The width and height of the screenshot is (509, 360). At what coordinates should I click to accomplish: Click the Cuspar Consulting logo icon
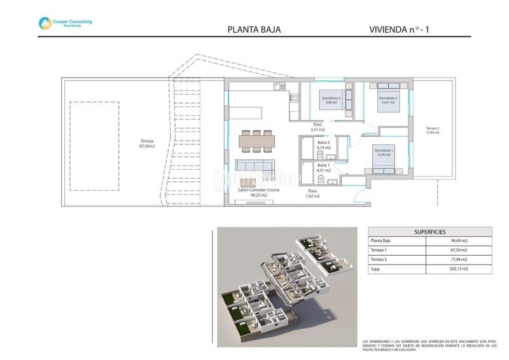[45, 24]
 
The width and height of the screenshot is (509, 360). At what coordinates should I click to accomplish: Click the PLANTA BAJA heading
[254, 29]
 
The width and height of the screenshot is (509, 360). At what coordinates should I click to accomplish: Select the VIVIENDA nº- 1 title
[403, 29]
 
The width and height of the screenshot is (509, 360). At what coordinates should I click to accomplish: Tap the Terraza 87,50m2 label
[147, 143]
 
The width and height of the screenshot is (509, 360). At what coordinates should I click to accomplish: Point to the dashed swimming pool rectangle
[92, 146]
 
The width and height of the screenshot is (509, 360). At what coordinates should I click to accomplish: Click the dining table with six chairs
[258, 140]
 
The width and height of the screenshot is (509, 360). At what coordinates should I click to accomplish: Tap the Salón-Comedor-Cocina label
[258, 193]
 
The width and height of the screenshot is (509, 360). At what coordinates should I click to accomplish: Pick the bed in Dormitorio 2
[387, 100]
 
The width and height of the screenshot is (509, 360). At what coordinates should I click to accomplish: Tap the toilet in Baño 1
[321, 179]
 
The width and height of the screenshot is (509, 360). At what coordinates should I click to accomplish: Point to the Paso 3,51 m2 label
[317, 127]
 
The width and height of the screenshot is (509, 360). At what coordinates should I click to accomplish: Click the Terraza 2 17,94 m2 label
[432, 130]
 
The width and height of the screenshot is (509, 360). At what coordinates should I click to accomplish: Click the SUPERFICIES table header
[430, 232]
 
